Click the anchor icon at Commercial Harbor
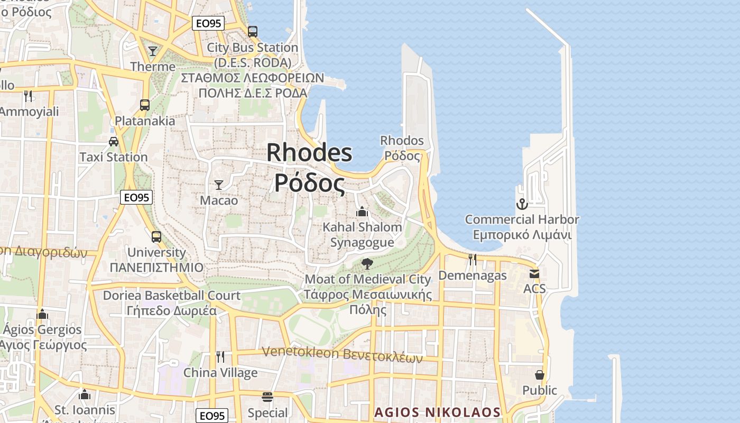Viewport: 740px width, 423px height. click(x=522, y=204)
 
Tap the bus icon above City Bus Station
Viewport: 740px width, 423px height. click(x=253, y=31)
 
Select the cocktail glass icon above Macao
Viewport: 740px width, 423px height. click(x=219, y=185)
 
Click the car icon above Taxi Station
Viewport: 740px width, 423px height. click(x=114, y=141)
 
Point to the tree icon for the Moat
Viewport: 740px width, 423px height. click(x=367, y=263)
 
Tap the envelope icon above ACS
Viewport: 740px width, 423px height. click(x=534, y=273)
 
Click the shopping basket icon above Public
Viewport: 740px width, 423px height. click(x=540, y=374)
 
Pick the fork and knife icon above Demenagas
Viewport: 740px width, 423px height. click(x=473, y=259)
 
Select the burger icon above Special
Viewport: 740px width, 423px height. click(x=267, y=397)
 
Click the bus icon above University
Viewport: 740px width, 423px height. click(x=156, y=236)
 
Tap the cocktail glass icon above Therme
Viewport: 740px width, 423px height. click(x=153, y=51)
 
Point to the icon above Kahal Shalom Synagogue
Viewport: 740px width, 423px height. click(x=362, y=212)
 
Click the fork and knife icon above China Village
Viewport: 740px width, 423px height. click(x=220, y=356)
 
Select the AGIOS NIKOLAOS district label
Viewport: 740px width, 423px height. click(x=437, y=412)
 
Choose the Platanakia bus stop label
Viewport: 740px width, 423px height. click(x=145, y=121)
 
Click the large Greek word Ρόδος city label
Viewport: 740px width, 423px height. click(x=309, y=183)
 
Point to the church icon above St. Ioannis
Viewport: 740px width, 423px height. click(x=85, y=394)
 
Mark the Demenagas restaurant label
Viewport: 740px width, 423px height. click(x=473, y=275)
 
